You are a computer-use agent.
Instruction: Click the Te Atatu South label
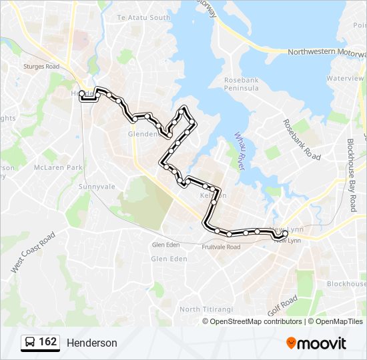(143, 17)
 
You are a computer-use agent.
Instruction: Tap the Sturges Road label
(41, 67)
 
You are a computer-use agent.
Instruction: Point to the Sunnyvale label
(97, 187)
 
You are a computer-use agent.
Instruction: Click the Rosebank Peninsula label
(232, 84)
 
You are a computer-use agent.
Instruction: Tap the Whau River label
(240, 151)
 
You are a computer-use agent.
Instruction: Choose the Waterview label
(345, 78)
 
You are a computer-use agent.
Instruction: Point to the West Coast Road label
(32, 253)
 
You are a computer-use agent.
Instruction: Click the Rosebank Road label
(302, 140)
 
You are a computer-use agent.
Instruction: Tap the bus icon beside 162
(30, 342)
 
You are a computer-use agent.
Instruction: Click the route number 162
(48, 342)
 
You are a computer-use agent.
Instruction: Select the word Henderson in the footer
(91, 343)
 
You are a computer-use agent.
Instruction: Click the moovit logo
(316, 343)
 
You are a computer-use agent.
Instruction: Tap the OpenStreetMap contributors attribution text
(256, 321)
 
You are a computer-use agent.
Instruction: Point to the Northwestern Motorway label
(326, 53)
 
